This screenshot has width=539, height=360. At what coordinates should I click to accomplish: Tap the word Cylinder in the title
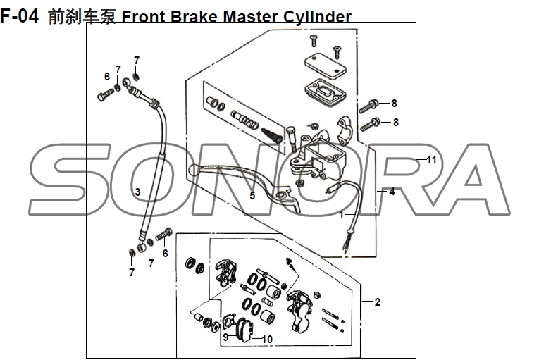[315, 15]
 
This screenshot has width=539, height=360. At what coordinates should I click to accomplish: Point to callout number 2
[378, 302]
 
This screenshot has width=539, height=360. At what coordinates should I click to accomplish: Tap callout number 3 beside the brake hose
[138, 192]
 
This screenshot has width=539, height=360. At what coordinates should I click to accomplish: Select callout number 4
[392, 192]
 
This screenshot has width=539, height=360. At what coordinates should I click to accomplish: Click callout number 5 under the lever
[252, 195]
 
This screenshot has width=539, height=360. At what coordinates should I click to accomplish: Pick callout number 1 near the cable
[342, 215]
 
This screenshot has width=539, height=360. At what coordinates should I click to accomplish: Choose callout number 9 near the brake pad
[225, 337]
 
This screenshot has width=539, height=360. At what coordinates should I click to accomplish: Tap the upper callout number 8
[395, 104]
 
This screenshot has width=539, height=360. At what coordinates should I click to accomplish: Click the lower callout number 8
[396, 122]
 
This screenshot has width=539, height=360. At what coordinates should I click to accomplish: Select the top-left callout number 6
[107, 77]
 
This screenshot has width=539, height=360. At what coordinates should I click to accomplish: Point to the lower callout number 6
[166, 254]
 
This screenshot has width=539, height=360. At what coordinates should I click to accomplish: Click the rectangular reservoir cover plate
[323, 62]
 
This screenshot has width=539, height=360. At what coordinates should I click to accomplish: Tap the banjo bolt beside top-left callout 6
[106, 92]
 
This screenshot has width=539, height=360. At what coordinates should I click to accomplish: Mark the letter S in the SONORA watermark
[67, 180]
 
